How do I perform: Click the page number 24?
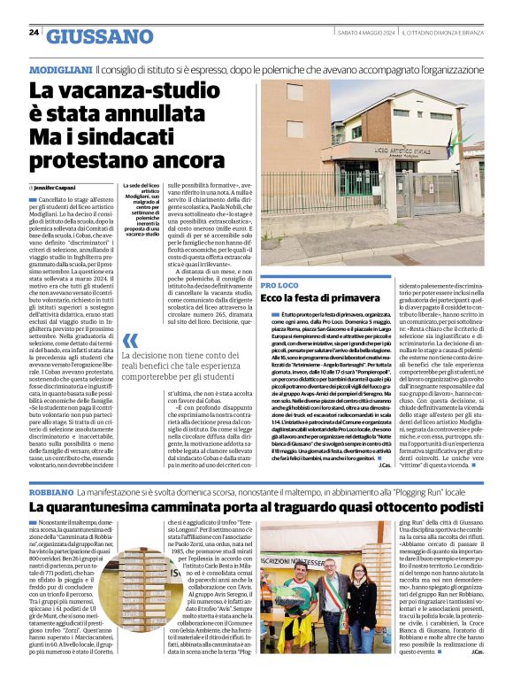point(34,32)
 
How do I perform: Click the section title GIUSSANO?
point(100,36)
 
